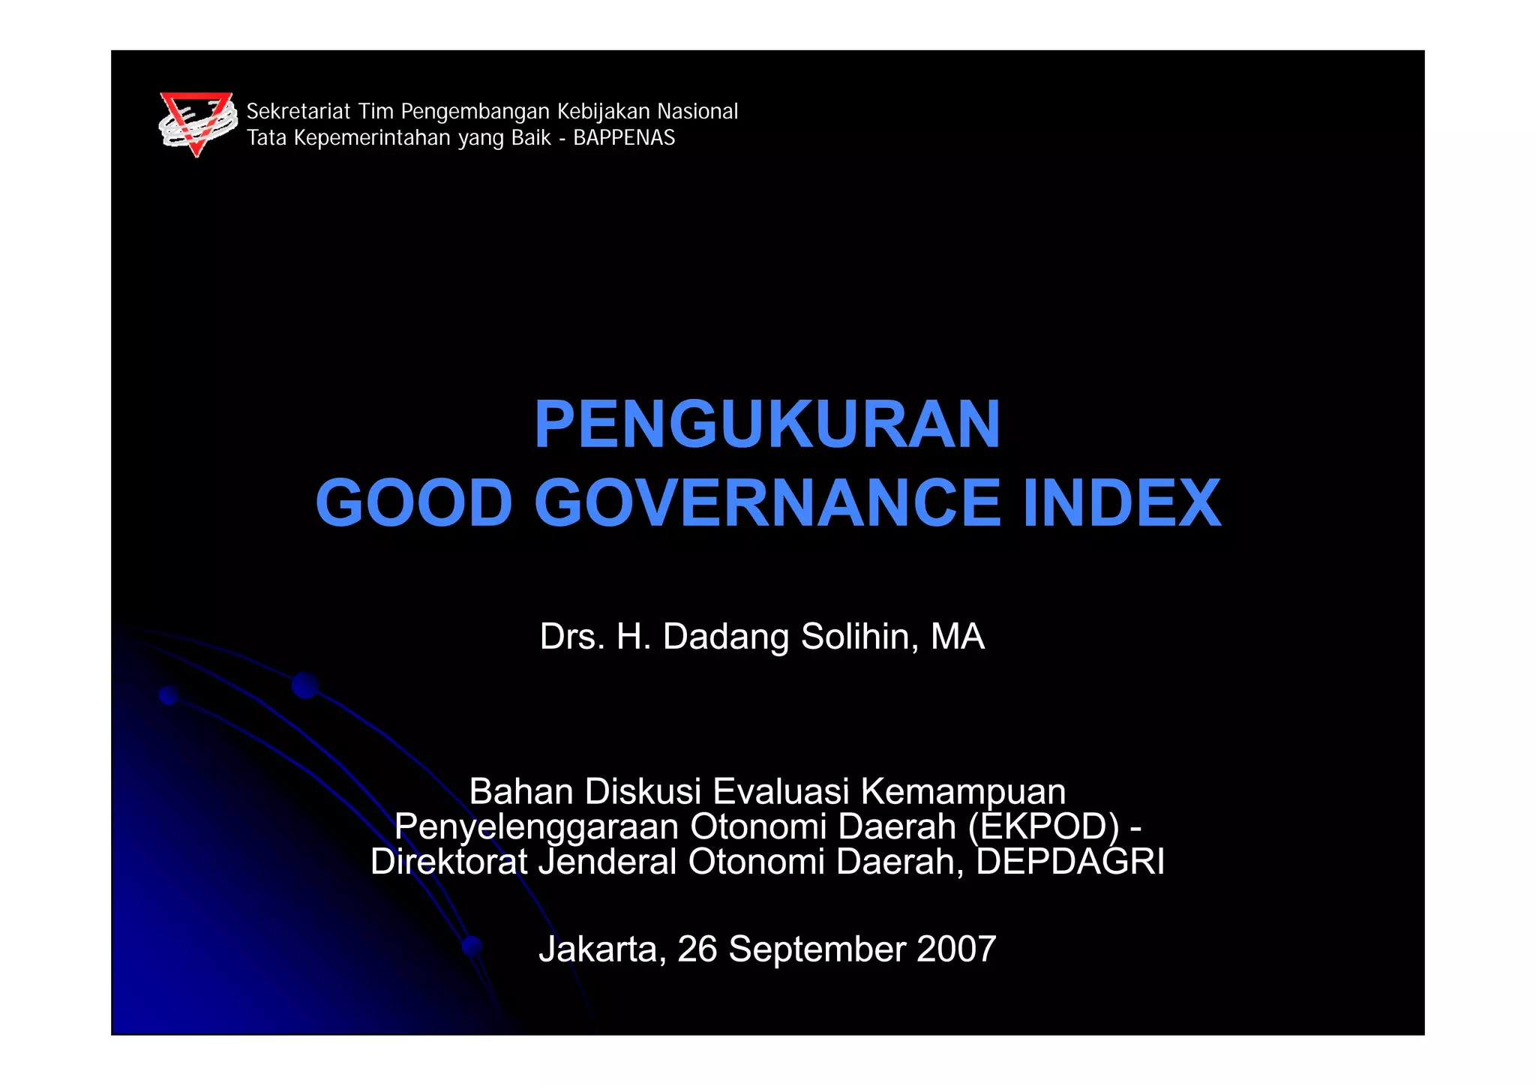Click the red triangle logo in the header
[x=198, y=124]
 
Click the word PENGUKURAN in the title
[x=767, y=424]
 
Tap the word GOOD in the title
[x=414, y=502]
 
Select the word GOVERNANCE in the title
[x=767, y=502]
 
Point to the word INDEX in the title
[x=1122, y=502]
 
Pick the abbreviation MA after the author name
[x=957, y=637]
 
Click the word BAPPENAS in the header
[x=624, y=138]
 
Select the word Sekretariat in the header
[x=298, y=112]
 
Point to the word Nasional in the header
[x=697, y=112]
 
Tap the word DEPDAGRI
[x=1070, y=862]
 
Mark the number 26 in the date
[x=697, y=949]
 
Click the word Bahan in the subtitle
[x=520, y=792]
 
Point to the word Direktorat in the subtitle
[x=448, y=862]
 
